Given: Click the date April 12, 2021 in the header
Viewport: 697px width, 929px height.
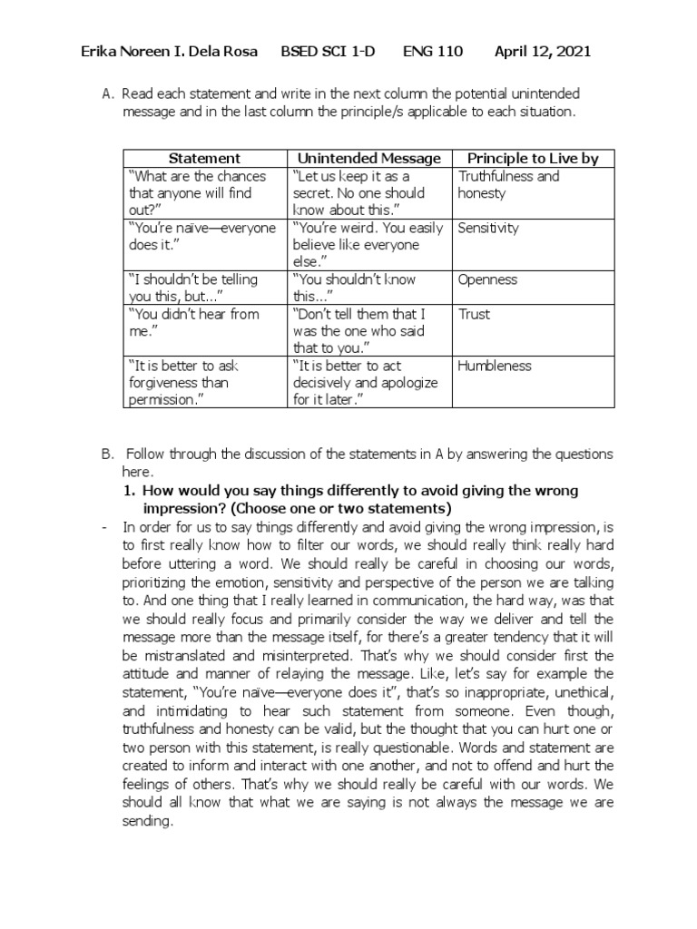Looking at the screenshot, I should [542, 52].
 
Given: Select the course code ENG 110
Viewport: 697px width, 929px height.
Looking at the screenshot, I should [432, 52].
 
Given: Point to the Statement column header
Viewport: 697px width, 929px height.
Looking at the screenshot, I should [204, 159].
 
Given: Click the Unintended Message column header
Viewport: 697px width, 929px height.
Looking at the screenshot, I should [368, 159].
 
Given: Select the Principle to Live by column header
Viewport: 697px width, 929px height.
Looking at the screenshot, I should [533, 159].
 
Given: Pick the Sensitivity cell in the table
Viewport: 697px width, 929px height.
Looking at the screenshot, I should [488, 229].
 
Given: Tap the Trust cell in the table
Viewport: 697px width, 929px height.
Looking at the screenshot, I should [474, 315].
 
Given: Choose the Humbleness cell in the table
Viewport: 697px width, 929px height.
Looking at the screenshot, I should [495, 367].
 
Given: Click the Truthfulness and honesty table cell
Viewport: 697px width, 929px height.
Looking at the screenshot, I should [508, 185].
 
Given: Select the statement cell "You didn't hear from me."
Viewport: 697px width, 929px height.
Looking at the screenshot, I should [194, 323].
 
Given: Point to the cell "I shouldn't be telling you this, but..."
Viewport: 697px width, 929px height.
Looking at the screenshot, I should [193, 288].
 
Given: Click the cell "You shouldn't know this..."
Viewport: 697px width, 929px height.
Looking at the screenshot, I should [354, 288].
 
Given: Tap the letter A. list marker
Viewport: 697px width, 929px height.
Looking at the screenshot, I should [108, 94].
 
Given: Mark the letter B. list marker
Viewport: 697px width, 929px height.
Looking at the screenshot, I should [107, 454].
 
